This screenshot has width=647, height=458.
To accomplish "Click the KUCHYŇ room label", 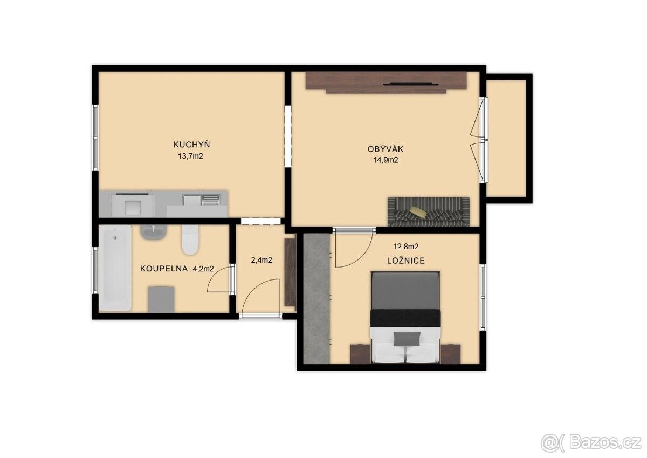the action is coord(191,144).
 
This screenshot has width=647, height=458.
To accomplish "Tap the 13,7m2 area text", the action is coord(191,156).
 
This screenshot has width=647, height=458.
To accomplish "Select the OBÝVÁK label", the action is coord(386,148).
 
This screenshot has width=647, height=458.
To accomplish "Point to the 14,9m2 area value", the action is coord(386,160).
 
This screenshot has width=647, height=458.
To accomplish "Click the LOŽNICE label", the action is coord(406,261).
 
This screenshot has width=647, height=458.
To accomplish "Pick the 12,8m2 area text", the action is coord(406,247).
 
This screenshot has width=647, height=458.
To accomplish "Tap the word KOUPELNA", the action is coord(164,269).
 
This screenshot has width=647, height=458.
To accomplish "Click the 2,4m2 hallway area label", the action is coord(261,260).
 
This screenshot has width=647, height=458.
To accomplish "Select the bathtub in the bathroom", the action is coord(115,268).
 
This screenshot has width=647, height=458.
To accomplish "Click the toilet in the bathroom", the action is coord(190,240).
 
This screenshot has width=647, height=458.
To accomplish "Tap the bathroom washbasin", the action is coord(153,232).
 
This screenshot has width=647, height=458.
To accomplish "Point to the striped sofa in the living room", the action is coord(429,212).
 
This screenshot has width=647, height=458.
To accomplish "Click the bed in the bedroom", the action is coord(405,317).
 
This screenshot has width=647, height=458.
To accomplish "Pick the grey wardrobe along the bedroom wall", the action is coord(317,298).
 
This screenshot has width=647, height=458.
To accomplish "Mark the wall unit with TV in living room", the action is coord(387,83).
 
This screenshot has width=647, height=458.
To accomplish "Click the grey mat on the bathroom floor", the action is coord(161,299).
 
